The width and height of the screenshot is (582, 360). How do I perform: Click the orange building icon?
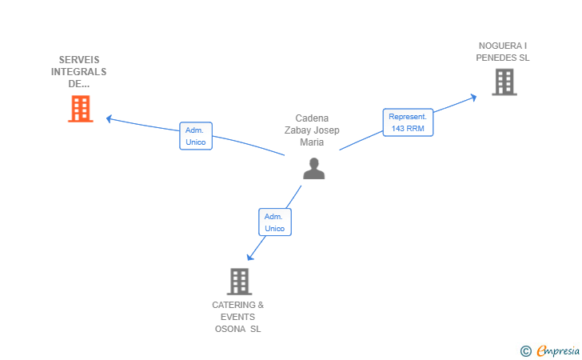[x=81, y=109]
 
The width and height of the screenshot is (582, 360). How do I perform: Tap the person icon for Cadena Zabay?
[x=313, y=169]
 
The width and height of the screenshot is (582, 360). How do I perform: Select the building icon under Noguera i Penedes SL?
[x=504, y=82]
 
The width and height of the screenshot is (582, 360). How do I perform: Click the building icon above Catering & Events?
[x=239, y=282]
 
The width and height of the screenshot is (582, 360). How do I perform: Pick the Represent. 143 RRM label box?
[x=408, y=122]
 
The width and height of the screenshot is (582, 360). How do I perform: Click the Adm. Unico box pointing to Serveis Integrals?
[x=196, y=136]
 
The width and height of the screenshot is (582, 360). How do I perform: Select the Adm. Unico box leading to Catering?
[x=275, y=222]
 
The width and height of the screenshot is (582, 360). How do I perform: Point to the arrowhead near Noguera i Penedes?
[x=473, y=98]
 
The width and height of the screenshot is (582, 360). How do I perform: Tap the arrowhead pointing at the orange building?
[x=109, y=119]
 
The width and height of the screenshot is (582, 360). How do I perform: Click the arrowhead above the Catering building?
[x=250, y=257]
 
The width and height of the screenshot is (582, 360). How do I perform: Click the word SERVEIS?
[x=79, y=60]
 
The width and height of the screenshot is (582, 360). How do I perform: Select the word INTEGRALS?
[x=78, y=72]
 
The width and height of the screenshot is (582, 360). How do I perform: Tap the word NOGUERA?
[x=495, y=46]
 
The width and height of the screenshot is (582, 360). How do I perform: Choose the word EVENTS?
[x=237, y=317]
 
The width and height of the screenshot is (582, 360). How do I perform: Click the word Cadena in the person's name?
[x=312, y=118]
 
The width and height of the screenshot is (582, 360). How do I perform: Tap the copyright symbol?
[x=525, y=351]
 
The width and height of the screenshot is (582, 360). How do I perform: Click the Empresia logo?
[x=558, y=351]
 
